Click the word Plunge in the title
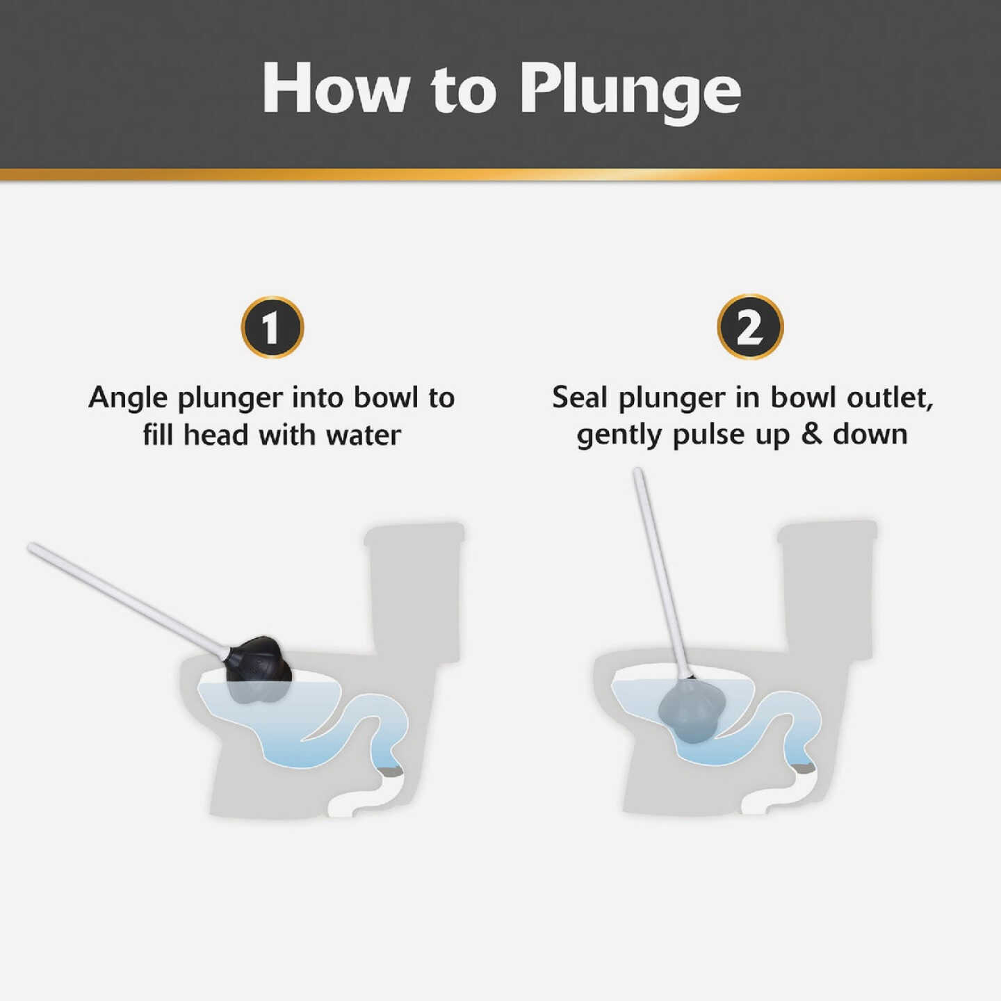(630, 89)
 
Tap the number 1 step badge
(272, 327)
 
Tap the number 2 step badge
(750, 327)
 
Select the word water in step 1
(364, 436)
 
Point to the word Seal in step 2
(580, 398)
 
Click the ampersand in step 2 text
(811, 434)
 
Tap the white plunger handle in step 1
(125, 599)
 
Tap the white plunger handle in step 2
(660, 570)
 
